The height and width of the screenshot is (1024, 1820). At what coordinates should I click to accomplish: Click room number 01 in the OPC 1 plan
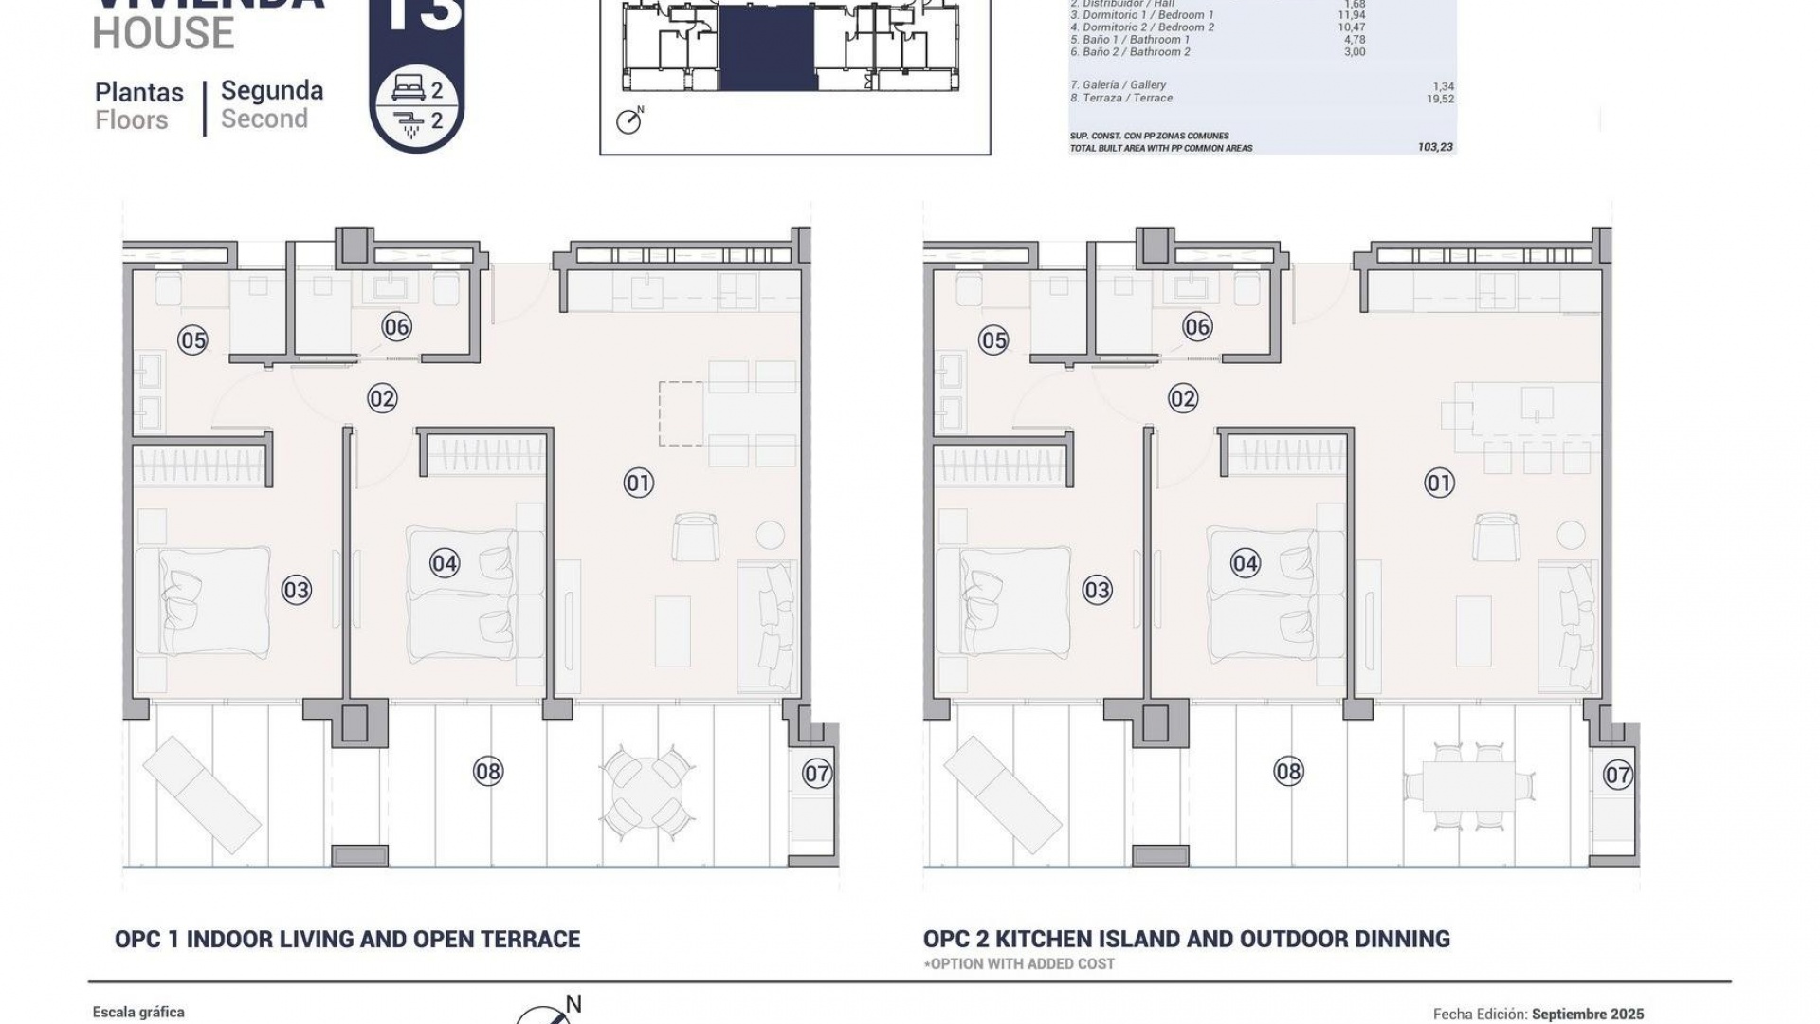pyautogui.click(x=638, y=484)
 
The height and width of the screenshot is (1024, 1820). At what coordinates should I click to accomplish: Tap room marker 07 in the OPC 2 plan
pyautogui.click(x=1617, y=775)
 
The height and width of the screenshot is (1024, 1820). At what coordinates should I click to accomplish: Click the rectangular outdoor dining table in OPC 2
pyautogui.click(x=1468, y=786)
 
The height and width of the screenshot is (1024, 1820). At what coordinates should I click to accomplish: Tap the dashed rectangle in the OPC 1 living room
pyautogui.click(x=682, y=413)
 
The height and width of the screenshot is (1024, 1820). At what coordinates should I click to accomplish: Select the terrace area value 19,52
pyautogui.click(x=1440, y=99)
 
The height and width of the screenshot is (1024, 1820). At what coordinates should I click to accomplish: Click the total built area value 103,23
pyautogui.click(x=1434, y=148)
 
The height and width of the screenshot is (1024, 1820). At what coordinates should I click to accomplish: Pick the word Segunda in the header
pyautogui.click(x=272, y=91)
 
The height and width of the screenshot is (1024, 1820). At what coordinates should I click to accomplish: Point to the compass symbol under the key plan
pyautogui.click(x=628, y=121)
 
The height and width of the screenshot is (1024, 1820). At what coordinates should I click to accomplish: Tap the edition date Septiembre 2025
pyautogui.click(x=1587, y=1014)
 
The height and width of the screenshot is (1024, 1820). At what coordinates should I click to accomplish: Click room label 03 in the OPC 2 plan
pyautogui.click(x=1097, y=591)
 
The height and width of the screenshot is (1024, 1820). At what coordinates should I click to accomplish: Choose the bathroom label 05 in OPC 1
pyautogui.click(x=192, y=340)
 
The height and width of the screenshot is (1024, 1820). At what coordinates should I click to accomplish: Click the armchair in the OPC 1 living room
pyautogui.click(x=695, y=537)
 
